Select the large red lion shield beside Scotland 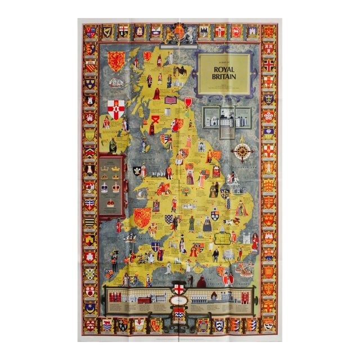(x=116, y=61)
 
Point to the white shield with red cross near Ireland (x=116, y=109)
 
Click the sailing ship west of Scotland (x=115, y=83)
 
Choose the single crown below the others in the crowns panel (x=110, y=202)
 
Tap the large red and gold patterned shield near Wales (x=143, y=217)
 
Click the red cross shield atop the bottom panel (x=179, y=287)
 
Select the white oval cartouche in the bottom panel (x=179, y=301)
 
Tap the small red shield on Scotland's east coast (x=188, y=102)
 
